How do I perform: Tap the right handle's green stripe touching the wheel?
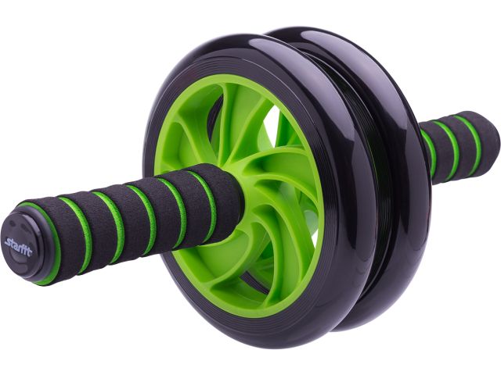[x=430, y=153]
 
